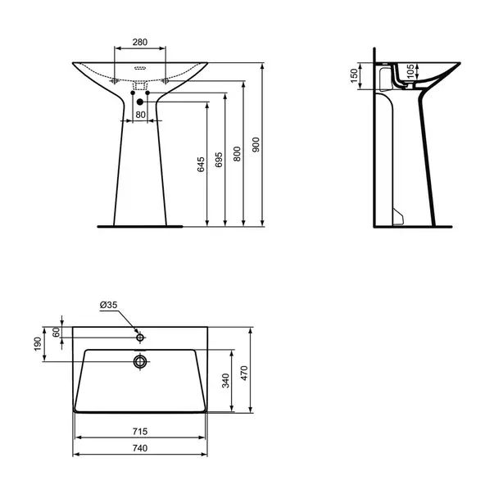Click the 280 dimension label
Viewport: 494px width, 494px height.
point(140,42)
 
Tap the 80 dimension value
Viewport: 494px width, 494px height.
point(141,115)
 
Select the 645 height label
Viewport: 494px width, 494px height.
point(201,165)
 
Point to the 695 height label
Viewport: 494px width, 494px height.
point(219,160)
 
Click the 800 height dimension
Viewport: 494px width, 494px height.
point(237,154)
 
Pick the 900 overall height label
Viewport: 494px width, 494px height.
point(256,145)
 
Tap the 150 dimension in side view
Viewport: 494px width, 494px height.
point(354,75)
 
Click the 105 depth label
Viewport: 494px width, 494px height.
point(410,71)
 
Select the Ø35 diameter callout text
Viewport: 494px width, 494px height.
point(108,305)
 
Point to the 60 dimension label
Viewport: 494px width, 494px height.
point(56,333)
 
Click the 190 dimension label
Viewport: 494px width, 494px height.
point(38,344)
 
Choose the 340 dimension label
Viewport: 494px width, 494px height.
point(225,381)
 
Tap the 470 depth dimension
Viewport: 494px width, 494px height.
point(244,374)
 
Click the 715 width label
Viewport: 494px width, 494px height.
point(140,431)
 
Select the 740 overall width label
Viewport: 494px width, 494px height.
point(140,448)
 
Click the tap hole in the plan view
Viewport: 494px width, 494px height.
point(140,338)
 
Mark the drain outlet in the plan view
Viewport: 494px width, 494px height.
point(140,361)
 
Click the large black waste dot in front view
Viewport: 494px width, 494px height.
point(140,102)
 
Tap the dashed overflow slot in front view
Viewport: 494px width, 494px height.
point(140,68)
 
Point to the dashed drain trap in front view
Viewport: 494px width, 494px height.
point(140,86)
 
